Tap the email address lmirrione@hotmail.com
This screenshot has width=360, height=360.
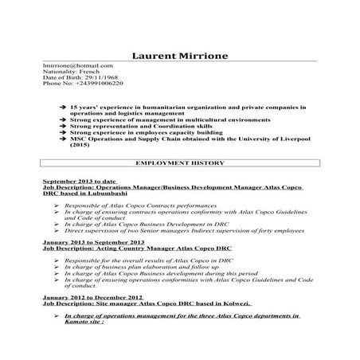[x=77, y=65]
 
